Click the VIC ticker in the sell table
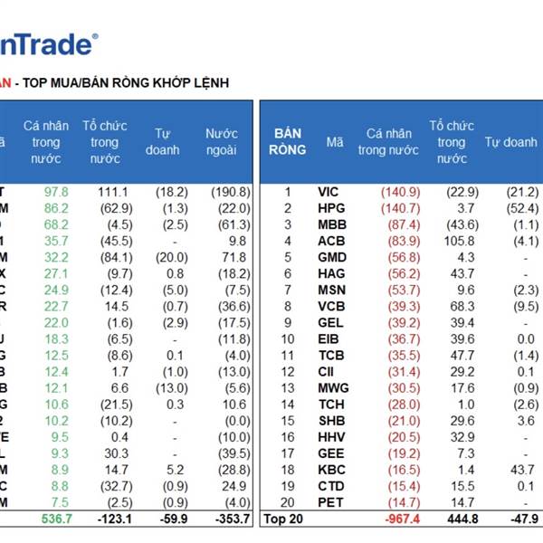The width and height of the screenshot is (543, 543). point(329,191)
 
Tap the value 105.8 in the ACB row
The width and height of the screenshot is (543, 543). point(452,241)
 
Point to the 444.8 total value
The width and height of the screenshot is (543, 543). point(451,519)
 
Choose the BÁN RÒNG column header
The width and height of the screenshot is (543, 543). point(287,142)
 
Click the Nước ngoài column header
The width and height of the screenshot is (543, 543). point(221,142)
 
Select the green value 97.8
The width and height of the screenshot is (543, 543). point(56,191)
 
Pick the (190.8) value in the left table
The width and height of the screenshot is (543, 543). point(233,191)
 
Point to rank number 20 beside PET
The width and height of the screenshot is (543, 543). point(288,502)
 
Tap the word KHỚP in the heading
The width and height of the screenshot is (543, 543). point(167,82)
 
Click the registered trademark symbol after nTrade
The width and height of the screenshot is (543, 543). point(96,37)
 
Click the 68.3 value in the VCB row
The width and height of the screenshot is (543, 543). point(453,306)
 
